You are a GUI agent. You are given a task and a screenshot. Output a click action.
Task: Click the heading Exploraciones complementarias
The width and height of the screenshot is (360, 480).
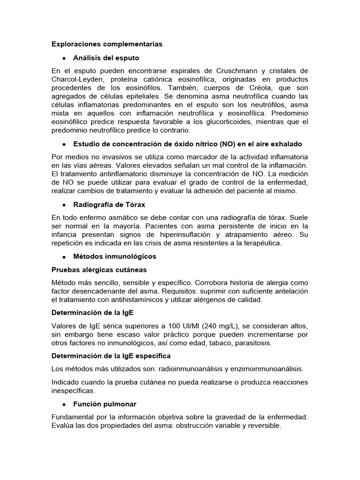107,44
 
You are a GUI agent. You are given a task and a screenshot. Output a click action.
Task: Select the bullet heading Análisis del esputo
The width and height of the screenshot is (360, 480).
106,58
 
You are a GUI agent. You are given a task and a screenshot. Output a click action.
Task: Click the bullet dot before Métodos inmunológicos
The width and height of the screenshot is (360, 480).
63,257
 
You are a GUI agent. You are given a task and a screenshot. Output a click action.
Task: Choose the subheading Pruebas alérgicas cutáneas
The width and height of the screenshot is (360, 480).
99,270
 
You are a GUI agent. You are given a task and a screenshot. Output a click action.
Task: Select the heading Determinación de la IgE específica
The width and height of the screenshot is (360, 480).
111,356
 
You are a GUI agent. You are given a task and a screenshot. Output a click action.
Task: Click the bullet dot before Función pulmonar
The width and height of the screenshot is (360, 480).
63,404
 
